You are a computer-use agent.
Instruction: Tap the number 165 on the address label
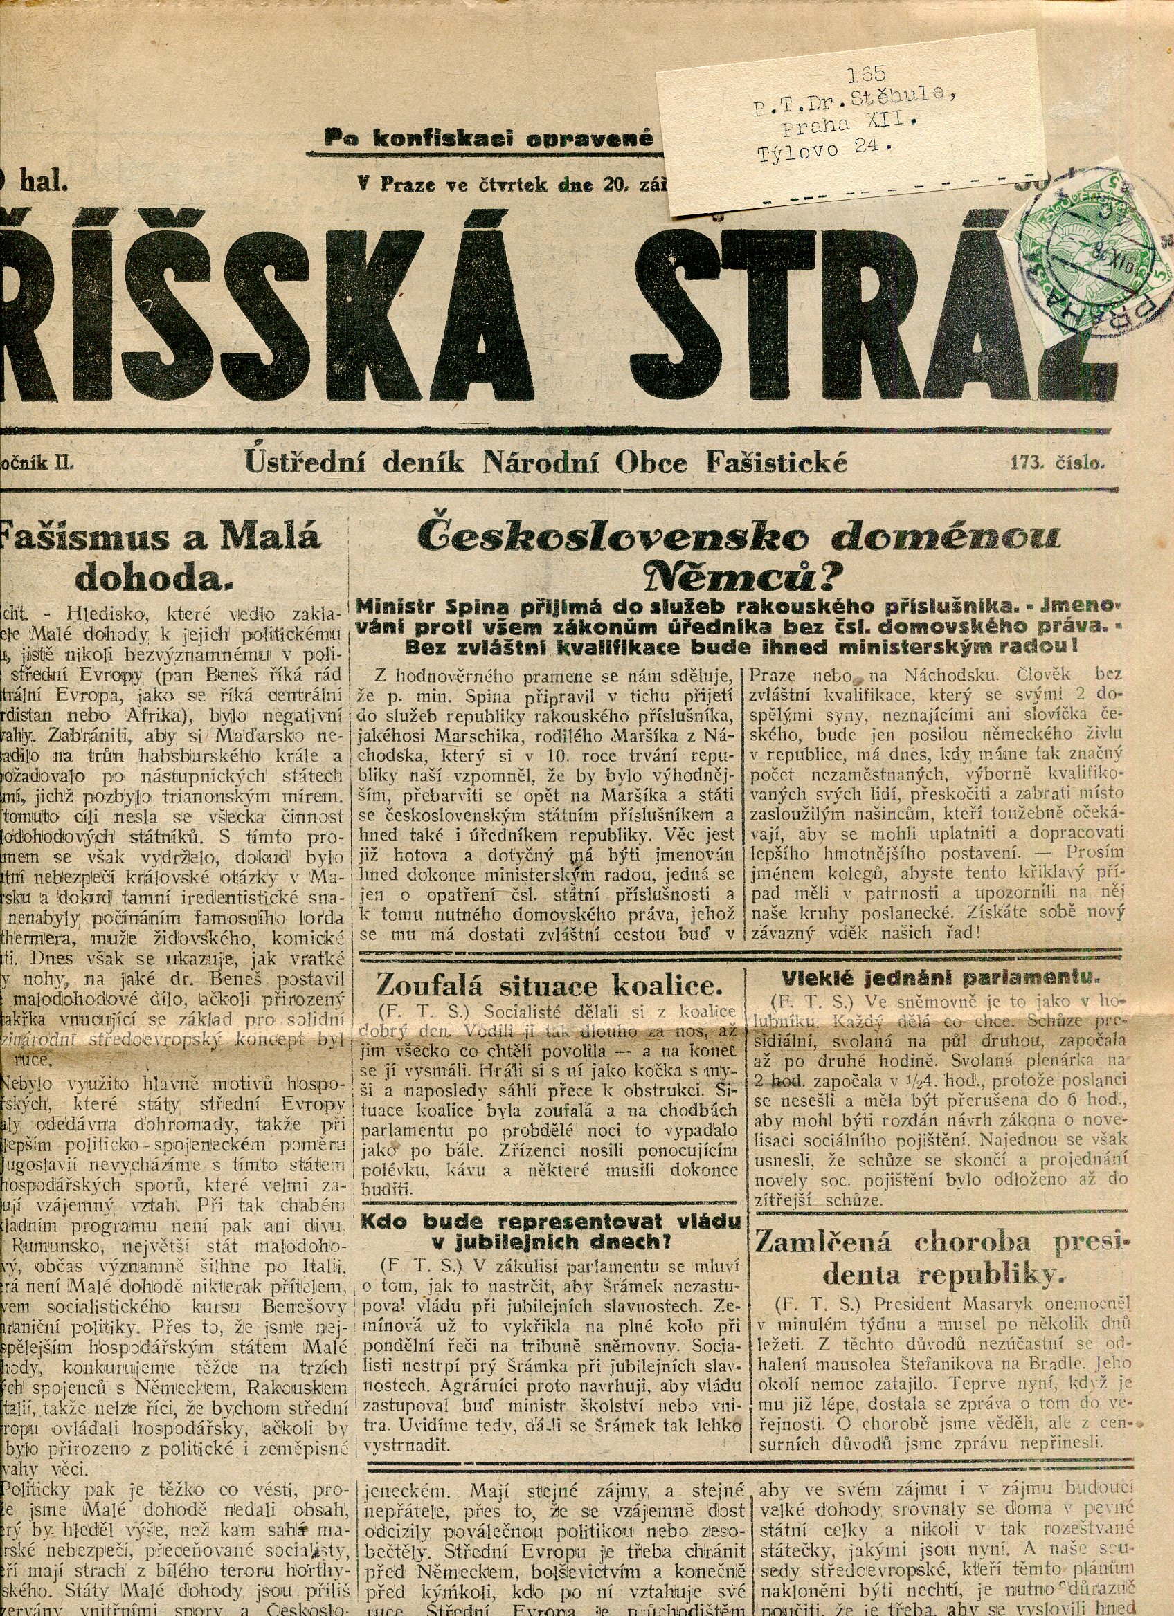pyautogui.click(x=865, y=73)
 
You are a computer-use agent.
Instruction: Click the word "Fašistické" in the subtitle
pyautogui.click(x=777, y=463)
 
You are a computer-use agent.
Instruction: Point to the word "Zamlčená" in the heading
pyautogui.click(x=822, y=1242)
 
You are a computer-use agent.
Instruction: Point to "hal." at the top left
pyautogui.click(x=44, y=183)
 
